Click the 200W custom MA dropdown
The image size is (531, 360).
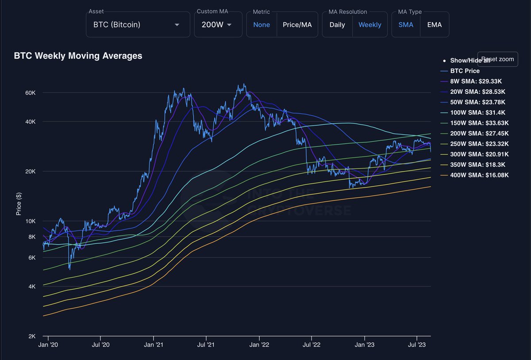pos(216,25)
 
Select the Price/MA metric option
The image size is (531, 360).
pos(297,25)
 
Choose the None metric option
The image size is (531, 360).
pos(262,25)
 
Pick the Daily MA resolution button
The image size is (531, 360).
pos(337,25)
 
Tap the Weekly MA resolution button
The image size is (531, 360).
pos(369,25)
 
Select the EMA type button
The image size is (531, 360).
pos(434,25)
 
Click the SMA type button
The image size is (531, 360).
pos(406,25)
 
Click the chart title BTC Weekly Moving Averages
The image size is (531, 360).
pos(78,56)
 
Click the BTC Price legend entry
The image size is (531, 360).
pos(465,71)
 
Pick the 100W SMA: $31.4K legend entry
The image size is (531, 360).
pos(477,112)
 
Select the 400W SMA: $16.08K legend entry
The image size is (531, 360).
pos(479,175)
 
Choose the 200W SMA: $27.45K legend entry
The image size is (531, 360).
pos(479,133)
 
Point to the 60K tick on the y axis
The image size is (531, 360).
pos(30,93)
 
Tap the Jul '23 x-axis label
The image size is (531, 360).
pos(416,344)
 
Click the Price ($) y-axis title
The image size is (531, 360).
pos(19,204)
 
